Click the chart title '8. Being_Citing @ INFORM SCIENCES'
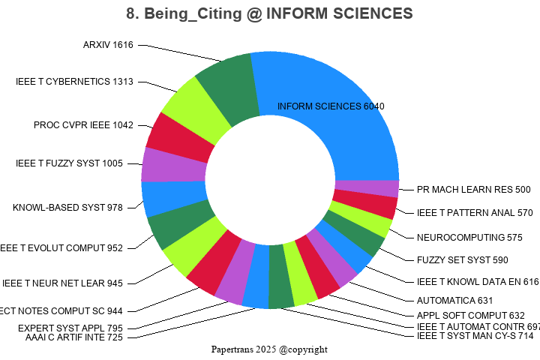click(x=270, y=13)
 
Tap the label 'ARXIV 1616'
click(x=108, y=45)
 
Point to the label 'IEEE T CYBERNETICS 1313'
click(x=74, y=81)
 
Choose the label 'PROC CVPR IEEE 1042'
click(x=83, y=124)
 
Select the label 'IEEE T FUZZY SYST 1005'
click(x=69, y=163)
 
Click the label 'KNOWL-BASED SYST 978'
click(x=67, y=207)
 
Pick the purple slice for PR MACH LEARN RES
click(x=366, y=187)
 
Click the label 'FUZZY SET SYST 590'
click(x=463, y=259)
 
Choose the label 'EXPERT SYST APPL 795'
click(x=70, y=328)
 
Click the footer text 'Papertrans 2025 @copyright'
click(x=269, y=349)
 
